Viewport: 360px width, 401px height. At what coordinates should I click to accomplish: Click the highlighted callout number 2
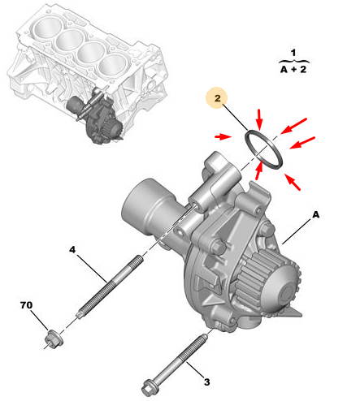(x=218, y=98)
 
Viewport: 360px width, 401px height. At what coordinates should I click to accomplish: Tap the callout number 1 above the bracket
(x=293, y=53)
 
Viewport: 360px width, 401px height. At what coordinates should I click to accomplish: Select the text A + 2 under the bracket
(x=293, y=70)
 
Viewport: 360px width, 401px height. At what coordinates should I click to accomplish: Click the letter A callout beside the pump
(x=316, y=214)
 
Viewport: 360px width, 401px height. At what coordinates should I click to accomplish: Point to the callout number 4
(x=72, y=249)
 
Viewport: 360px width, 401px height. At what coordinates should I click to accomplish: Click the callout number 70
(x=27, y=305)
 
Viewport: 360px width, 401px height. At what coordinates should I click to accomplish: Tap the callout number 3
(x=206, y=382)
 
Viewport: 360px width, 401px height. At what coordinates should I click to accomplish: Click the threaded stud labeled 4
(x=110, y=287)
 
